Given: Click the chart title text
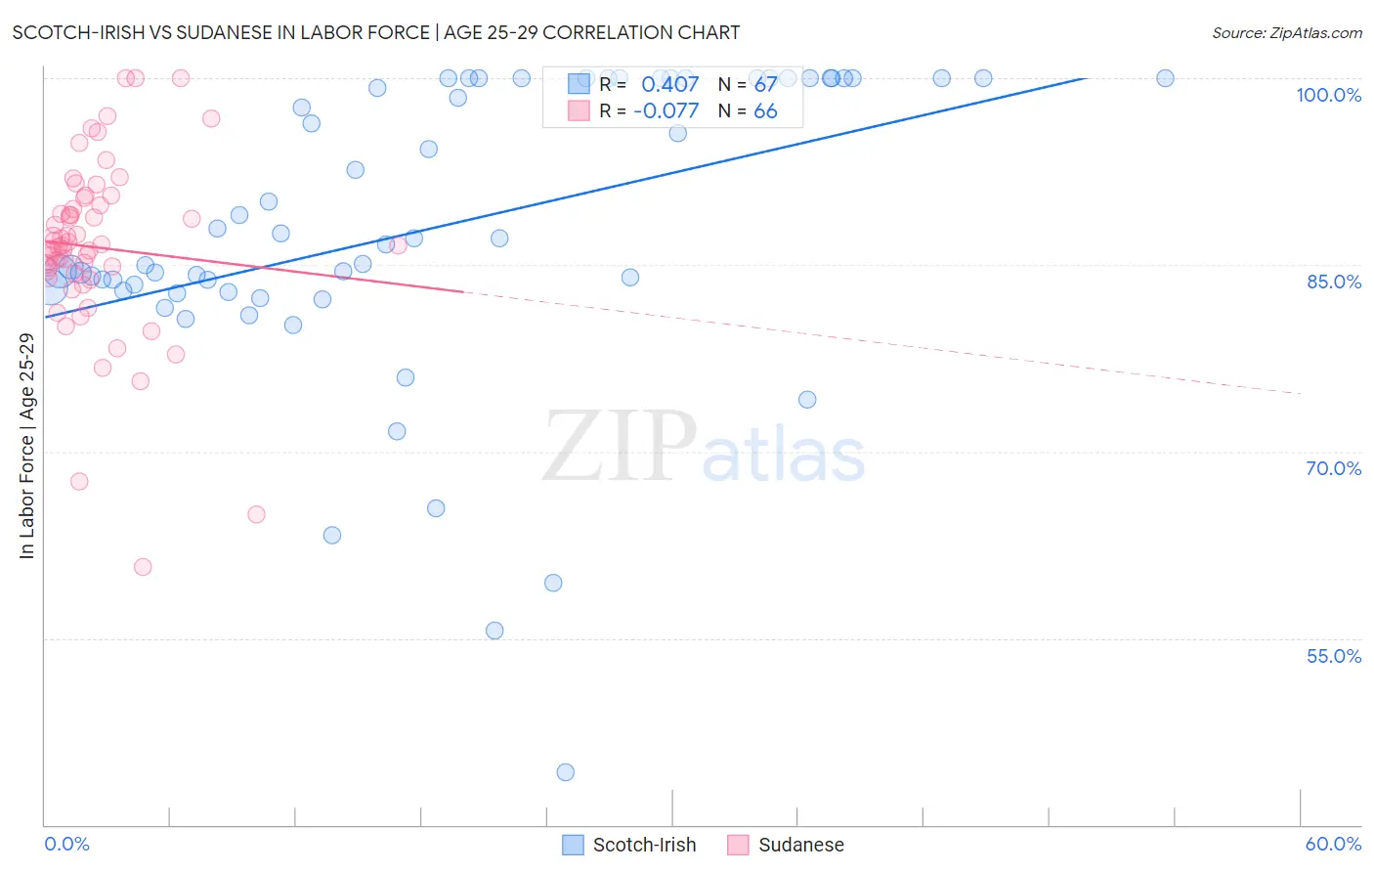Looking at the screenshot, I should click(x=375, y=32).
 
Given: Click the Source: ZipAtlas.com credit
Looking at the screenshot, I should click(x=1286, y=32).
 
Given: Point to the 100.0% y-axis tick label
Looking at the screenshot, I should click(x=1328, y=95).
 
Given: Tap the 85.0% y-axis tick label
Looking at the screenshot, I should click(x=1333, y=282).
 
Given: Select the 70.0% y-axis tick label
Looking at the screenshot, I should click(x=1333, y=468).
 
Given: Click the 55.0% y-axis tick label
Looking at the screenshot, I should click(x=1333, y=656).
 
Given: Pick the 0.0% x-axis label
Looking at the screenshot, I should click(x=66, y=844).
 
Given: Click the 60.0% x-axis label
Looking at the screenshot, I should click(x=1333, y=844).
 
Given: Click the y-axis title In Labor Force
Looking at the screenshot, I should click(x=26, y=446).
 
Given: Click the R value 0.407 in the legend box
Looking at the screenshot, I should click(x=669, y=85).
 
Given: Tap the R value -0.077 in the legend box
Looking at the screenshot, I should click(x=666, y=111).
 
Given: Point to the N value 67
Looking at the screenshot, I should click(x=765, y=85).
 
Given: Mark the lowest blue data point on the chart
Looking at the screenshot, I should click(x=565, y=772).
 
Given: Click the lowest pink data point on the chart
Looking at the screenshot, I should click(x=143, y=567).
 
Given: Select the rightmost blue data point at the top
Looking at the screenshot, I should click(x=1165, y=78).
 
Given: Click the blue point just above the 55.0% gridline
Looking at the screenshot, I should click(x=494, y=631).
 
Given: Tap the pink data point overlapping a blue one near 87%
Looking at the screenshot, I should click(x=398, y=244).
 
